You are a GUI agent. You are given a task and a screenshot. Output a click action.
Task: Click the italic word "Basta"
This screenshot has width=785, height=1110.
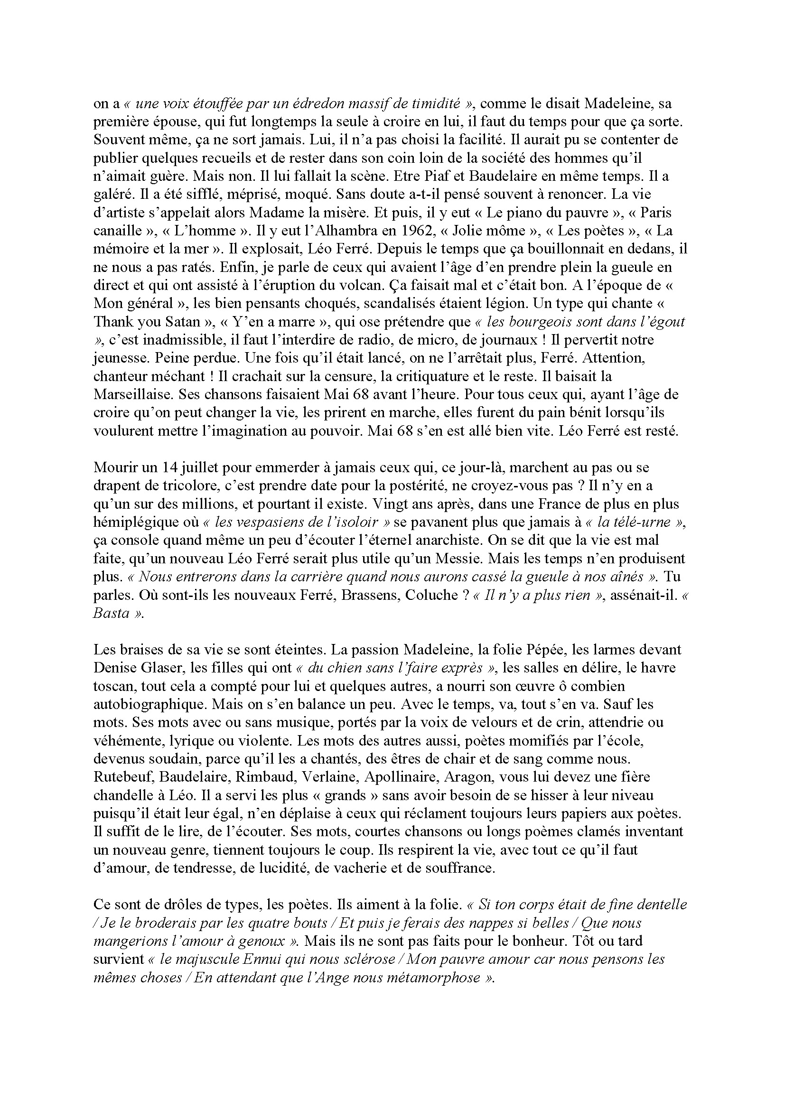(111, 614)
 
